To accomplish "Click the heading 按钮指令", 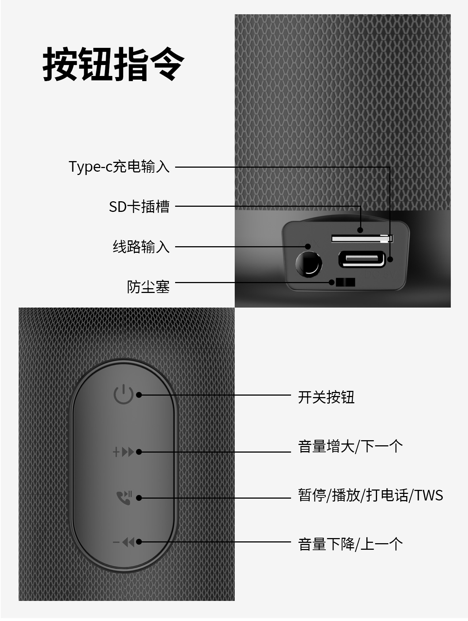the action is pos(113,64).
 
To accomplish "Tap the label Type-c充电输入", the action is pos(119,167).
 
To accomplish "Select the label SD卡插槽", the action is pos(139,206).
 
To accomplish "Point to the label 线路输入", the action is pos(141,247).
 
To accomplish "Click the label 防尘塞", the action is pos(148,287).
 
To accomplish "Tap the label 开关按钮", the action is pos(326,397).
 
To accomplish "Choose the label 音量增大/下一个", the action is pos(350,446).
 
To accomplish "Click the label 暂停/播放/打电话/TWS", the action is pos(370,495).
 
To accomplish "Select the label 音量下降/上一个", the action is pos(350,544).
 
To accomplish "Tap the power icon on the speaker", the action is pos(123,395).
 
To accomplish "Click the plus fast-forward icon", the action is pos(123,452).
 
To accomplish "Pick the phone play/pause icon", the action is pos(124,498).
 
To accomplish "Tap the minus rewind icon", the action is pos(123,542).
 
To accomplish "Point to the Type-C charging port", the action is pos(362,259).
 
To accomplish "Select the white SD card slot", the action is pos(362,239).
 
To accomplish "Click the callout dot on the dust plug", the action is pos(332,282).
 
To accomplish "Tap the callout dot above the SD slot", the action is pos(360,230).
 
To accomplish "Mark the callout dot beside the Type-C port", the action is pos(390,259).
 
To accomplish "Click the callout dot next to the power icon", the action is pos(139,395).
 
